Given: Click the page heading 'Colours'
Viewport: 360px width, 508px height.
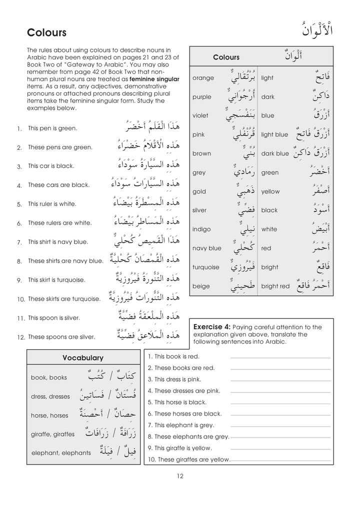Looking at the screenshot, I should (x=46, y=33).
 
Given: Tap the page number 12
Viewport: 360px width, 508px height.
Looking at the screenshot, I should (x=179, y=476).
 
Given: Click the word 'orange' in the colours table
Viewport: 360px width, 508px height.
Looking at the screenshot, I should (x=203, y=78).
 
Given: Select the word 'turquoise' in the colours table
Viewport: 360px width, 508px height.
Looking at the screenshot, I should (x=206, y=267).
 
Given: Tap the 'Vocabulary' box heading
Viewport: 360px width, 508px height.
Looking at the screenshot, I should (x=83, y=358).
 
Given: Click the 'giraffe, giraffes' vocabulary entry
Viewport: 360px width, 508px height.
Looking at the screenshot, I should (x=52, y=434).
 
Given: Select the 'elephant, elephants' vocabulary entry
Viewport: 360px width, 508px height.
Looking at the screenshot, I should (x=61, y=453).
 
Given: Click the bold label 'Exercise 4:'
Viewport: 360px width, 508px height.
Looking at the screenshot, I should (x=212, y=327).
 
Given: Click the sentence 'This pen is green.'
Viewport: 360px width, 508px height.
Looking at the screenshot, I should (x=52, y=128).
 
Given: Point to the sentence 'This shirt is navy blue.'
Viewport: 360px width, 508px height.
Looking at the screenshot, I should (x=58, y=242).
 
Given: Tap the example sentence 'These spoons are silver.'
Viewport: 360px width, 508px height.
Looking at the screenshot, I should (x=61, y=337).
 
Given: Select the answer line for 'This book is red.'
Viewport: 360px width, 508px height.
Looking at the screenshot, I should (x=280, y=358).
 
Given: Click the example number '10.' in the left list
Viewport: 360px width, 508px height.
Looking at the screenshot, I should (x=21, y=299).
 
